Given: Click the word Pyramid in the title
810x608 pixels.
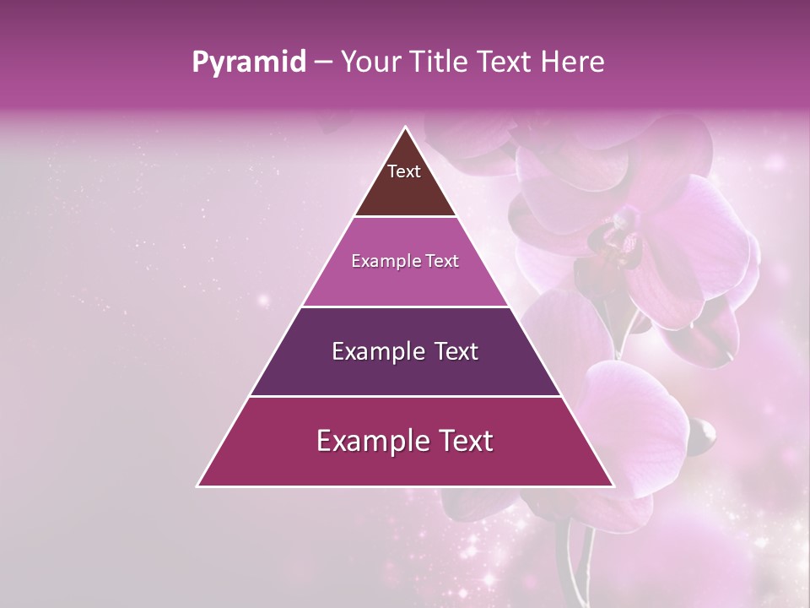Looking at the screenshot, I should pos(249,62).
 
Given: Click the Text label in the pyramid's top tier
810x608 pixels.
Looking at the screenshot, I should pos(404,171).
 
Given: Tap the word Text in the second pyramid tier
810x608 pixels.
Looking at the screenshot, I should pos(440,262).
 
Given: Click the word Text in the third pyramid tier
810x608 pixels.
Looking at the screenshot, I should pos(456,351).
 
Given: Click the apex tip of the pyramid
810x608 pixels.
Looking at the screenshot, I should pos(405,128).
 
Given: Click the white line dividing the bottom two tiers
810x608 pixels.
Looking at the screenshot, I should pos(405,396).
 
